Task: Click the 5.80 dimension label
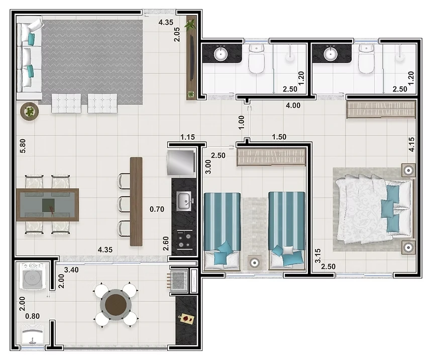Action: pos(23,146)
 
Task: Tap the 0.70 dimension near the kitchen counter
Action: pos(157,209)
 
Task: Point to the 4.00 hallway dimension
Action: pos(293,106)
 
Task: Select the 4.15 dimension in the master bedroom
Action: pos(411,144)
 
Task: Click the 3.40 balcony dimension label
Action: pos(71,269)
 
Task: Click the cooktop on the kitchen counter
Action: pos(184,240)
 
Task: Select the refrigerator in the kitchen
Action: pos(181,162)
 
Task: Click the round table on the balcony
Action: pos(116,305)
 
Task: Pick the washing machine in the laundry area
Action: pos(33,276)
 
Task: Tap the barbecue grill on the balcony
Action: pos(178,281)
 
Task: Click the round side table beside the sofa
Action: pos(30,111)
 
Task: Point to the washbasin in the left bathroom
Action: pos(221,53)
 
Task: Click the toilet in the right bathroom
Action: pos(366,60)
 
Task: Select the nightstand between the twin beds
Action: pos(254,263)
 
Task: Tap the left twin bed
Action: pos(222,231)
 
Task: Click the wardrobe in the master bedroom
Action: pos(381,109)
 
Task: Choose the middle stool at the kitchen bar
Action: pos(124,204)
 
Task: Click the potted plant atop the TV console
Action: pos(190,24)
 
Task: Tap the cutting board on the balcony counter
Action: pos(186,319)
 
